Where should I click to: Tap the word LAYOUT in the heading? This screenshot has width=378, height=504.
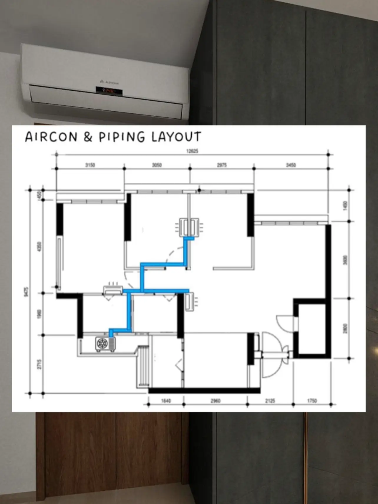click(176, 137)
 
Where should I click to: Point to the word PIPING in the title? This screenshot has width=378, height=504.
click(122, 137)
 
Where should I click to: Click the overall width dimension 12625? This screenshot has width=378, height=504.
click(192, 151)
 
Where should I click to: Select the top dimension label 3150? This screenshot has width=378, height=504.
click(90, 165)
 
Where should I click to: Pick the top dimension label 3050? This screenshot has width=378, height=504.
click(157, 165)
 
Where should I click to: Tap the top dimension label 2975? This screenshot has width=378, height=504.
click(222, 165)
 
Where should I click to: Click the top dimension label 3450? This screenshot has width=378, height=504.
click(291, 165)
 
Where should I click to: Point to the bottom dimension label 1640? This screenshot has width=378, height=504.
click(166, 401)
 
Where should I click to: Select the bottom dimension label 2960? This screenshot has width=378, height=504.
click(215, 401)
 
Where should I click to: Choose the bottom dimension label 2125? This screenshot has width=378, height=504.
click(270, 401)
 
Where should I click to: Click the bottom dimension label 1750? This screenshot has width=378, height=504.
click(312, 401)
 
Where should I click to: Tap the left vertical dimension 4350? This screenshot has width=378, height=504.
click(39, 247)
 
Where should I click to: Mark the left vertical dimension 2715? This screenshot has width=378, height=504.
click(39, 364)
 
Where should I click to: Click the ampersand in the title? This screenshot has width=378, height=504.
click(88, 137)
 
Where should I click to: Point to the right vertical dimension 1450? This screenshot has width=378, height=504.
click(345, 205)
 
